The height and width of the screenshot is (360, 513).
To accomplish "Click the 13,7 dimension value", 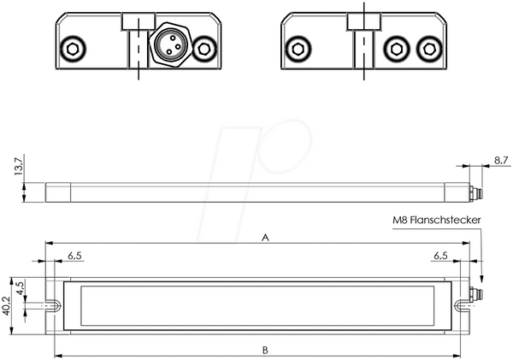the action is [x=19, y=166].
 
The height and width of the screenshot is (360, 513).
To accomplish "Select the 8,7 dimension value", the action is [x=501, y=160].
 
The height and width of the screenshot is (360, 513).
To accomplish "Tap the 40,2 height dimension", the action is [x=6, y=306].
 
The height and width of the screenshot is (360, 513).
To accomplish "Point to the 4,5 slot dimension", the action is [x=20, y=288].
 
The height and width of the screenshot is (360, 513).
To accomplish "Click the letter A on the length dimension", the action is [x=265, y=237].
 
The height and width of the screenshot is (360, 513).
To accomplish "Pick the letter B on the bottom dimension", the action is [x=265, y=351].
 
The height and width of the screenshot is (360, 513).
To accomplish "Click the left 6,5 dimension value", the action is [x=74, y=256].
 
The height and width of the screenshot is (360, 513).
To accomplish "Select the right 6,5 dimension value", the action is [x=440, y=256].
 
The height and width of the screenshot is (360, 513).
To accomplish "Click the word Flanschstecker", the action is [x=445, y=220].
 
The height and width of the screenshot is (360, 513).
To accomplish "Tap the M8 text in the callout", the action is [x=400, y=220].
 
